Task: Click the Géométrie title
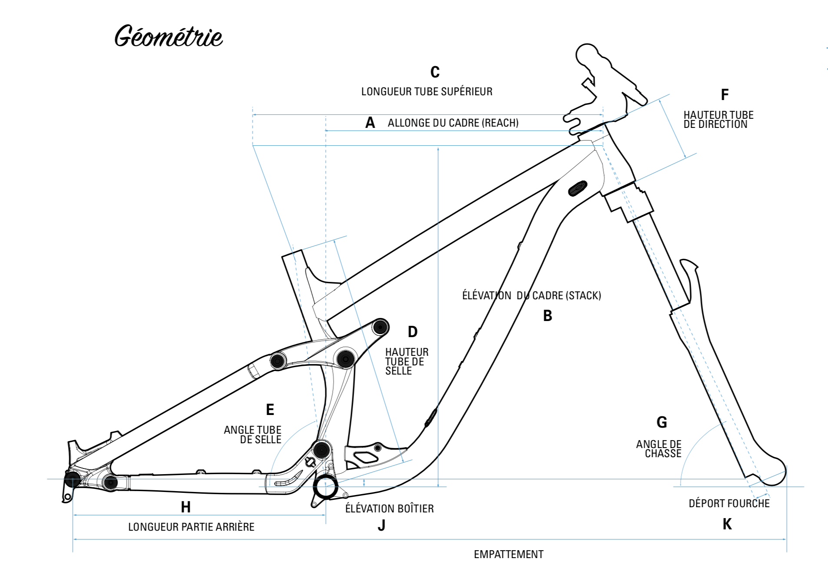tap(169, 36)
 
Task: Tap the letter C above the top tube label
tap(435, 72)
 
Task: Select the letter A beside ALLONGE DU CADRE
tap(370, 123)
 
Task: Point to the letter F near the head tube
tap(724, 95)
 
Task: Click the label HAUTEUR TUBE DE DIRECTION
tap(718, 120)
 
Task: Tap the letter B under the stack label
tap(548, 316)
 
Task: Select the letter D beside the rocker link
tap(413, 332)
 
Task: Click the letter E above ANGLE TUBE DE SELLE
tap(270, 410)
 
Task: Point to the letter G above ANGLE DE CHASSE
tap(661, 422)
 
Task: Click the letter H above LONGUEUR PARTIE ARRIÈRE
tap(186, 507)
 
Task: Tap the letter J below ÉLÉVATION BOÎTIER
tap(381, 526)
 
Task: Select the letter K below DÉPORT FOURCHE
tap(727, 525)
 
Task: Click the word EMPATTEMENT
tap(508, 555)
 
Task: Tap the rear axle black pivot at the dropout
tap(73, 479)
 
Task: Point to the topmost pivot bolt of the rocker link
tap(380, 327)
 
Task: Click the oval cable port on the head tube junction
tap(578, 188)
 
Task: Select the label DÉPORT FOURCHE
tap(729, 504)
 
